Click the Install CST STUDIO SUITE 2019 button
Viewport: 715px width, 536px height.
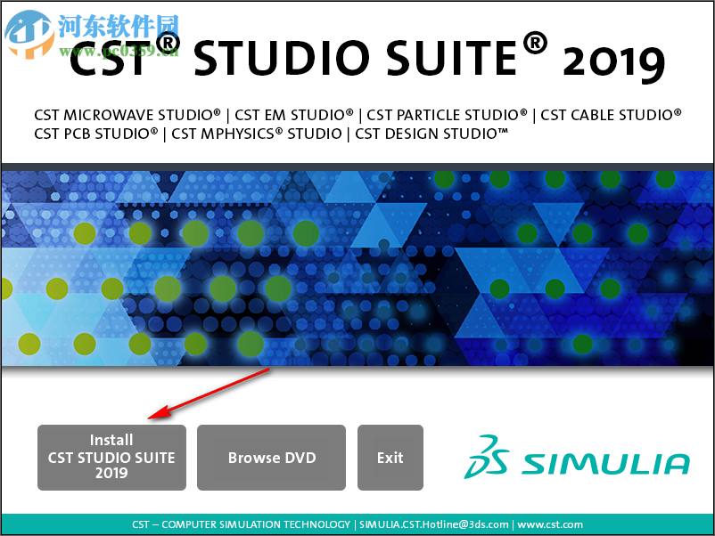[x=111, y=457]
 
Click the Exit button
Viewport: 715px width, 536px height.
[x=390, y=457]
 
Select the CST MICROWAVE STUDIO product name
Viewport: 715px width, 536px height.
[x=127, y=115]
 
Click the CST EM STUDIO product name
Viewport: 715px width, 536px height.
[x=294, y=115]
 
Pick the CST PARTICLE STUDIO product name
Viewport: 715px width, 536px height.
[x=447, y=115]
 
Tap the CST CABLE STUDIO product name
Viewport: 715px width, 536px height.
[x=611, y=115]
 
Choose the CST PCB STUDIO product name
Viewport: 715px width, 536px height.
[x=96, y=134]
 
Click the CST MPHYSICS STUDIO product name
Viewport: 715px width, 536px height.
[x=257, y=134]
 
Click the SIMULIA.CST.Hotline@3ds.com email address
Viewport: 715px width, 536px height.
[x=434, y=524]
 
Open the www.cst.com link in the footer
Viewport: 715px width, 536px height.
[x=550, y=524]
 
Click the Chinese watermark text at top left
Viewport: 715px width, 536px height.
[x=118, y=25]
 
